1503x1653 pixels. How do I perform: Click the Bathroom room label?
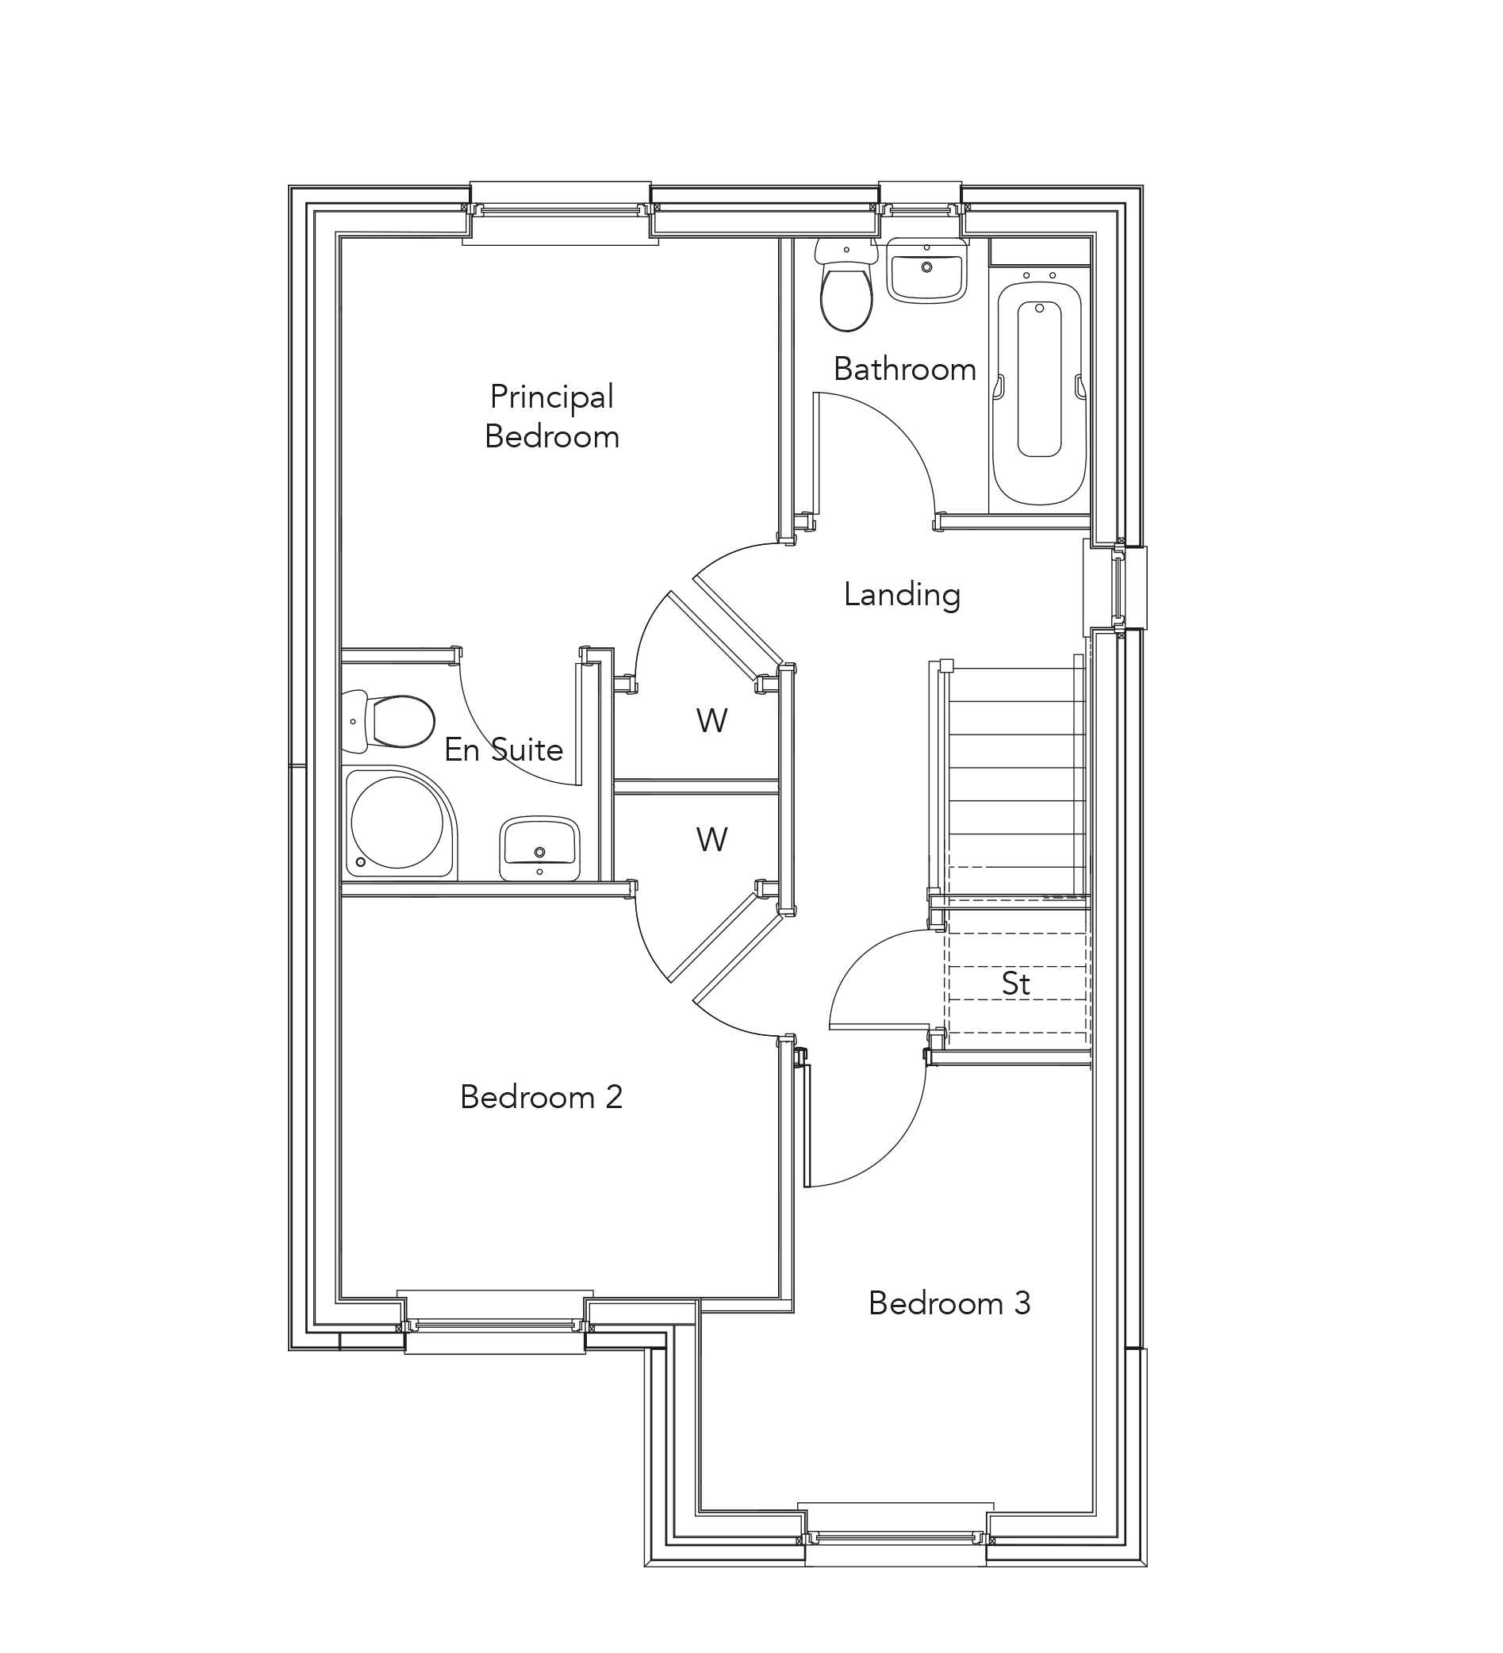pos(904,369)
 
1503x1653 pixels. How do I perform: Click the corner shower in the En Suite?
pos(398,823)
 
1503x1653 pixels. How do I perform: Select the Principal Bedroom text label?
pos(552,416)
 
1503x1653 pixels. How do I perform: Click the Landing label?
pos(901,594)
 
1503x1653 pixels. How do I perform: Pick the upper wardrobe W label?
pos(711,721)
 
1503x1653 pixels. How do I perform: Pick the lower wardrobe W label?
pos(711,840)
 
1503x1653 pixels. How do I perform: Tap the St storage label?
pos(1015,984)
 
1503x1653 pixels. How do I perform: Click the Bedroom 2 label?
pos(541,1097)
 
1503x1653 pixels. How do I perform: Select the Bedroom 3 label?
pos(949,1303)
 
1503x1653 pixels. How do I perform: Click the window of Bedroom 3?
pos(895,1537)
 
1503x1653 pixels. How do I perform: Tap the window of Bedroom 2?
pos(494,1325)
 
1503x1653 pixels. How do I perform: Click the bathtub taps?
pos(1039,275)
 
